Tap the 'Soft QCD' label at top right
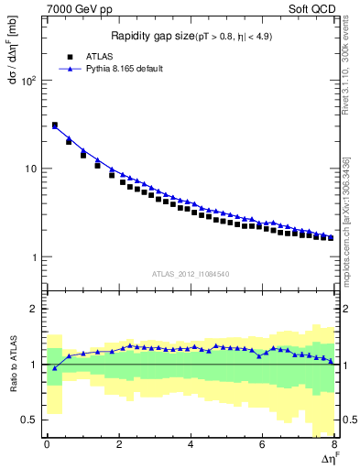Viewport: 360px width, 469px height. (x=318, y=8)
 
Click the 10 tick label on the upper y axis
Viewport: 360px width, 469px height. (x=29, y=169)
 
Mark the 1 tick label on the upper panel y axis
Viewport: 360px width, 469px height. (x=33, y=257)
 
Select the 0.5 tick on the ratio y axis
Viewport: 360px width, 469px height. (x=28, y=420)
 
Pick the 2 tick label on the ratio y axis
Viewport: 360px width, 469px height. (x=33, y=309)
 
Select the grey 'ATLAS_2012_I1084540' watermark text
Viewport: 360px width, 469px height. (x=191, y=273)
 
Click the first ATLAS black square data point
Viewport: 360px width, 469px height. (x=55, y=125)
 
